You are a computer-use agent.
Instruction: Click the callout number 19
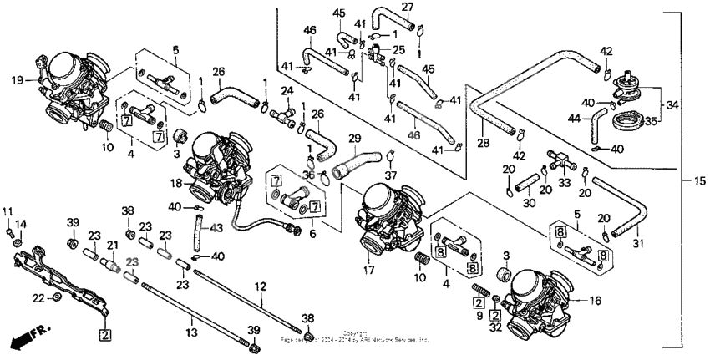[x=16, y=81]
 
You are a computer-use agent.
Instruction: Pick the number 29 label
[x=354, y=138]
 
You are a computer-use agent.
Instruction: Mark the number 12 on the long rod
[x=260, y=286]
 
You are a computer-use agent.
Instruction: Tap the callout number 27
[x=407, y=8]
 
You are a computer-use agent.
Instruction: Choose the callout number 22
[x=37, y=297]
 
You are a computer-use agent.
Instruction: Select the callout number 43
[x=216, y=227]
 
